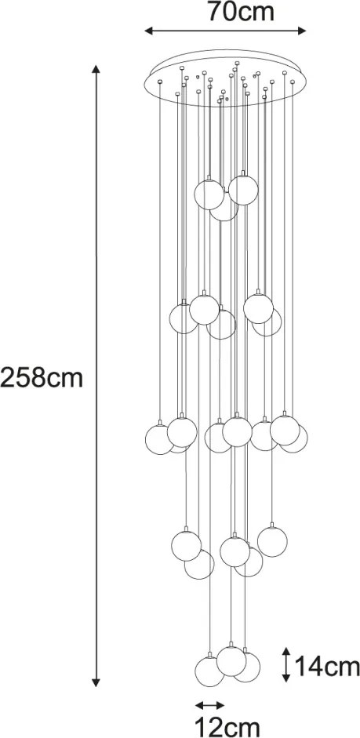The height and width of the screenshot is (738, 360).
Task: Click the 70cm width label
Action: tap(241, 13)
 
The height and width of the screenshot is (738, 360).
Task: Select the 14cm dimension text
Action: tap(328, 667)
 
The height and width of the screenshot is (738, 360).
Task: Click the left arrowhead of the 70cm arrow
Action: tap(148, 31)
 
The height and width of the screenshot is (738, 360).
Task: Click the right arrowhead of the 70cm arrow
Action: tap(302, 31)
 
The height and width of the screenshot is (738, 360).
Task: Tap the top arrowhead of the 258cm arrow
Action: tap(96, 69)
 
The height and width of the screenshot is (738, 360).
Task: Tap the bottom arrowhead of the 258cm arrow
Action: tap(96, 682)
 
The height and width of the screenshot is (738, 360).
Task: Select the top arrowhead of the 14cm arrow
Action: tap(286, 652)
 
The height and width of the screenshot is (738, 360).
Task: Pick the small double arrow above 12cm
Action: tap(210, 705)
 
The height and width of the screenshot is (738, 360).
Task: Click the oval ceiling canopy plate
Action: tap(225, 78)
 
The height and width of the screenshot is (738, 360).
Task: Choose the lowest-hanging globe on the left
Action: tap(209, 671)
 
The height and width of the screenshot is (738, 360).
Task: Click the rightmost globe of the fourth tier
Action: tap(272, 542)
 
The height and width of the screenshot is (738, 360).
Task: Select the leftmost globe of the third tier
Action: tap(160, 440)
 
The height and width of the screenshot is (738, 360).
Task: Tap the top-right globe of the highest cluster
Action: tap(243, 190)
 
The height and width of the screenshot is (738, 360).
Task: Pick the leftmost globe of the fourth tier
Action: tap(187, 546)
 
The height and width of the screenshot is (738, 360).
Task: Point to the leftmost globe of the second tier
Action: tap(184, 319)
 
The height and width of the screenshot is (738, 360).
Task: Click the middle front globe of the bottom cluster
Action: tap(231, 661)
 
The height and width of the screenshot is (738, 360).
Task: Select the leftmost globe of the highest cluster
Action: tap(209, 194)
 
